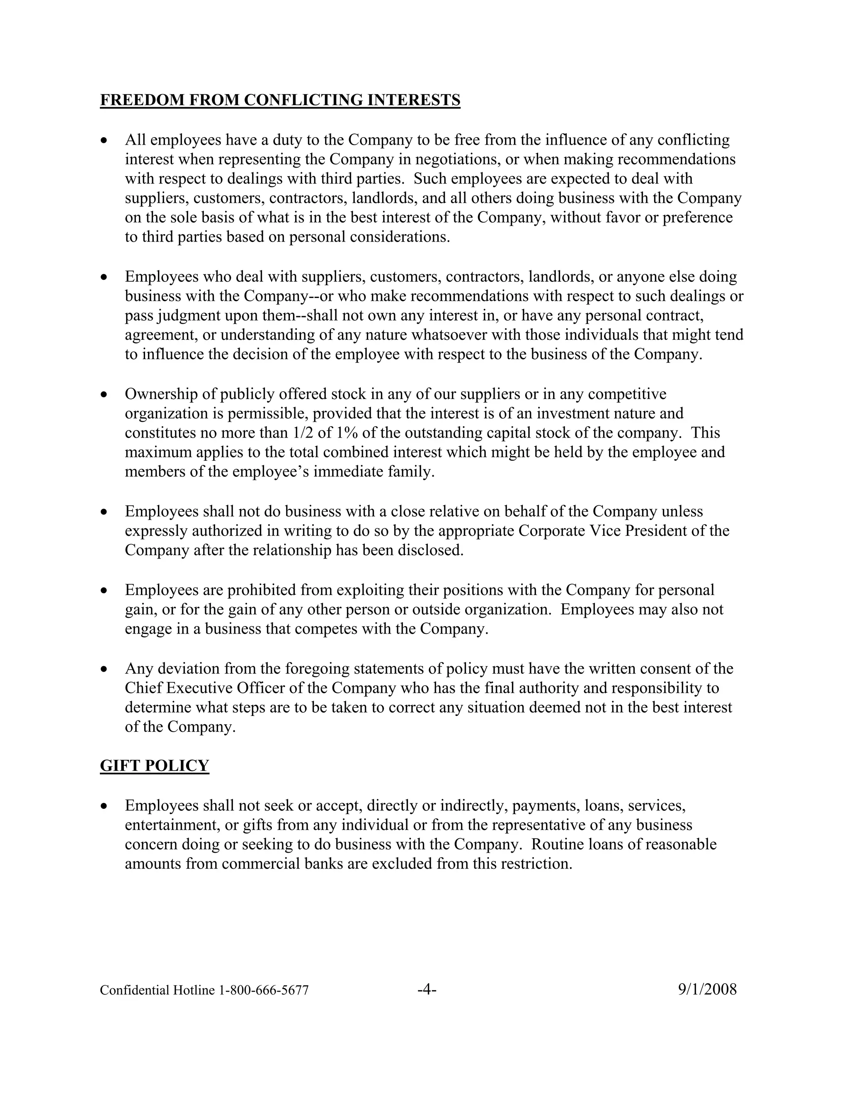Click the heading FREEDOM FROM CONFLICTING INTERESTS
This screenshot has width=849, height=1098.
click(x=280, y=100)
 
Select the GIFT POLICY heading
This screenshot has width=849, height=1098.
click(x=154, y=765)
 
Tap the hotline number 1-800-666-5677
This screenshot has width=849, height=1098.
click(x=263, y=990)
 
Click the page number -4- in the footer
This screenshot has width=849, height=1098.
click(x=427, y=989)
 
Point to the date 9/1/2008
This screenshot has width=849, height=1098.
click(x=707, y=989)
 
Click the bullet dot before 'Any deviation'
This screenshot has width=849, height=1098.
click(x=104, y=669)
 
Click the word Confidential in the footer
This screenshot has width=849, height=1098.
click(x=134, y=990)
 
